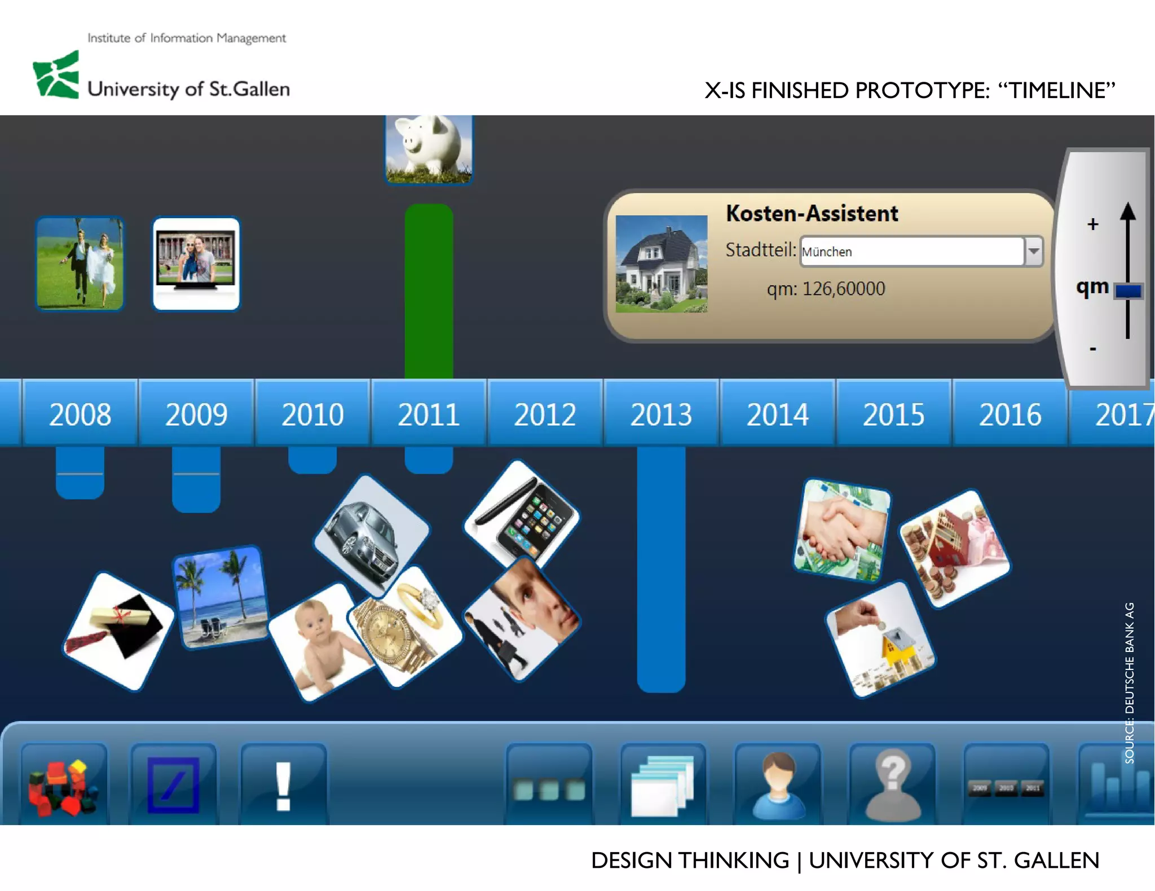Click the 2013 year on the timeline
tap(661, 414)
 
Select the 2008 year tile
tap(80, 414)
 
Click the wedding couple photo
tap(80, 263)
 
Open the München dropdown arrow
tap(1033, 251)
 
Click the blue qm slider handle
tap(1128, 291)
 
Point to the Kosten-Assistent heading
tap(812, 214)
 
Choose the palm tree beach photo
tap(221, 597)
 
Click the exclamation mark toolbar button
tap(284, 785)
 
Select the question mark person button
tap(893, 785)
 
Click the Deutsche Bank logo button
tap(173, 785)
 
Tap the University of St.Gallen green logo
tap(56, 75)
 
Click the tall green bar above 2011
tap(429, 291)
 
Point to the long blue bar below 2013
tap(661, 570)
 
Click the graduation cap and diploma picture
tap(118, 630)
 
